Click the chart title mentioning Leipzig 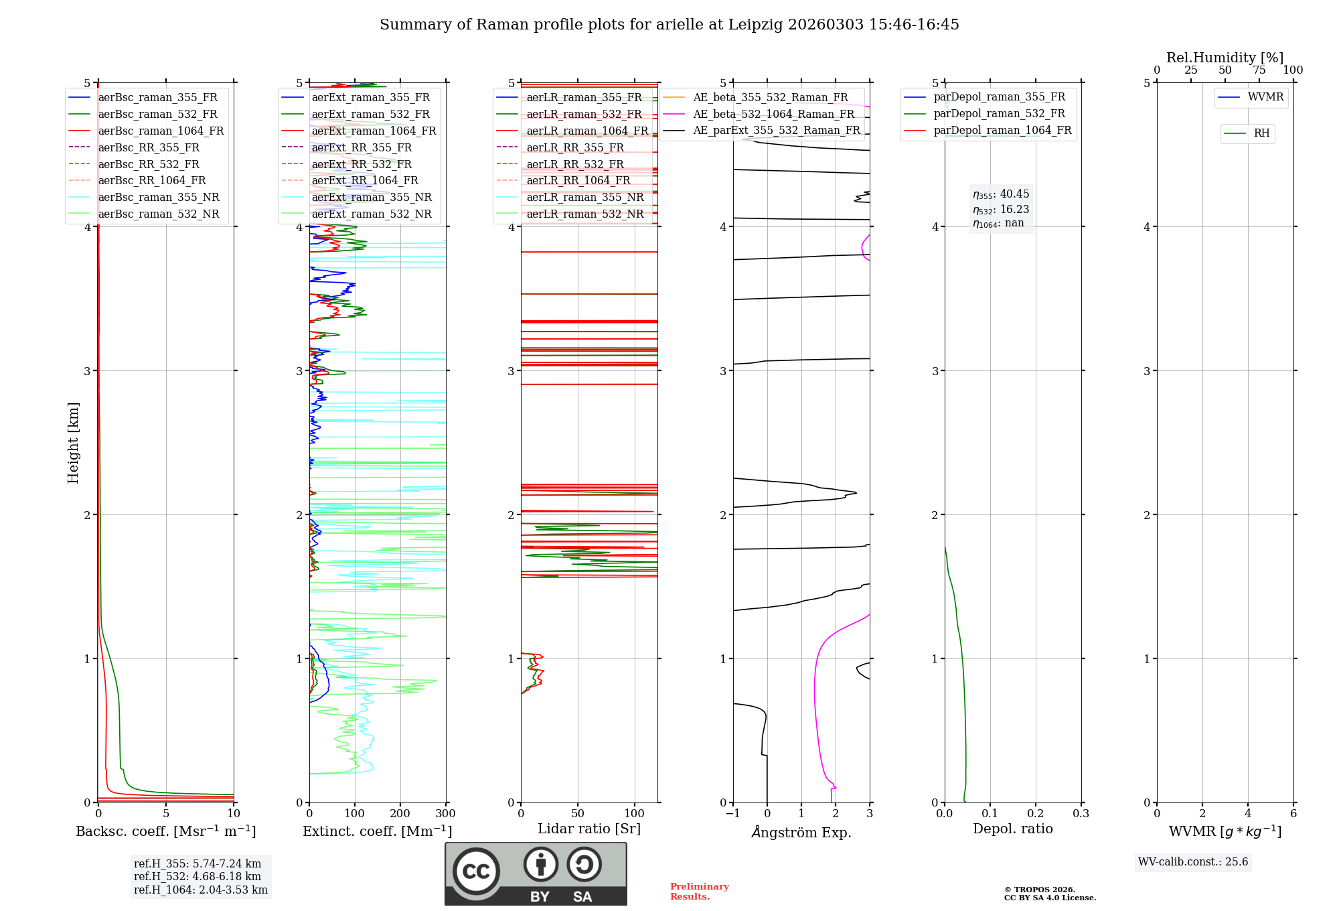coord(669,25)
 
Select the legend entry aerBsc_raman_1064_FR coord(161,131)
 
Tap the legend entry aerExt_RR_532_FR coord(362,164)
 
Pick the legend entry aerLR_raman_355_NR coord(584,197)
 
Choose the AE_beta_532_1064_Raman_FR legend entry coord(773,114)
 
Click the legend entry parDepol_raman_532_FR coord(999,114)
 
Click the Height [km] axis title coord(73,443)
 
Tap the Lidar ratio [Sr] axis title coord(589,829)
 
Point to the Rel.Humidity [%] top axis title coord(1225,58)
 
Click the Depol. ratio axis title coord(1012,829)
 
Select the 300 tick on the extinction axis coord(445,814)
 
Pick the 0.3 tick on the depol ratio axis coord(1081,814)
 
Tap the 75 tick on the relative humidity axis coord(1259,70)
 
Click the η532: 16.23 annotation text coord(1001,210)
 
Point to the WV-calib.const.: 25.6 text coord(1193,862)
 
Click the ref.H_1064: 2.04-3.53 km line coord(200,890)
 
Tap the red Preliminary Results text coord(699,892)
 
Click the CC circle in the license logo coord(476,871)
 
